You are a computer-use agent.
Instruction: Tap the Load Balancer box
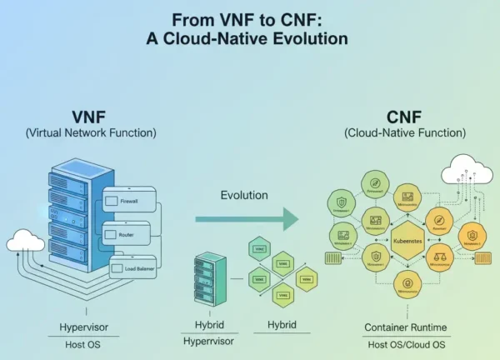(x=133, y=269)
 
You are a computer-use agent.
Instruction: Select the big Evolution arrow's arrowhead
(x=288, y=219)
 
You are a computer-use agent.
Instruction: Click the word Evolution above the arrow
(x=244, y=195)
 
